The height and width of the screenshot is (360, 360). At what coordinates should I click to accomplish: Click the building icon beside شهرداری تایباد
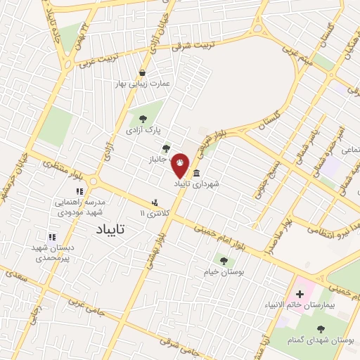click(195, 174)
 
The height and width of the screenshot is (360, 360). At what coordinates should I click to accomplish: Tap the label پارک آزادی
click(143, 130)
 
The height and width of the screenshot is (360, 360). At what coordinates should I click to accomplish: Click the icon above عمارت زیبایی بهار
click(143, 72)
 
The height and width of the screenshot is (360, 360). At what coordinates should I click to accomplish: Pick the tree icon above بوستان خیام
click(224, 261)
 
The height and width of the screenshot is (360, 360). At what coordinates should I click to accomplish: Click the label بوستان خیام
click(224, 271)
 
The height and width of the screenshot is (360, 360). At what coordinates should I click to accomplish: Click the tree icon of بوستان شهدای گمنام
click(321, 329)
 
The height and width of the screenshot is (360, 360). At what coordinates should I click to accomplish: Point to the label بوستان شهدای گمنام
click(320, 340)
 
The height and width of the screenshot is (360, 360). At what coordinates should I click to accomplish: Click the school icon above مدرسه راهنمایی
click(80, 191)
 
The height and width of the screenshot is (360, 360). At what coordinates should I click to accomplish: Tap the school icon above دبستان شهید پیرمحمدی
click(51, 238)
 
